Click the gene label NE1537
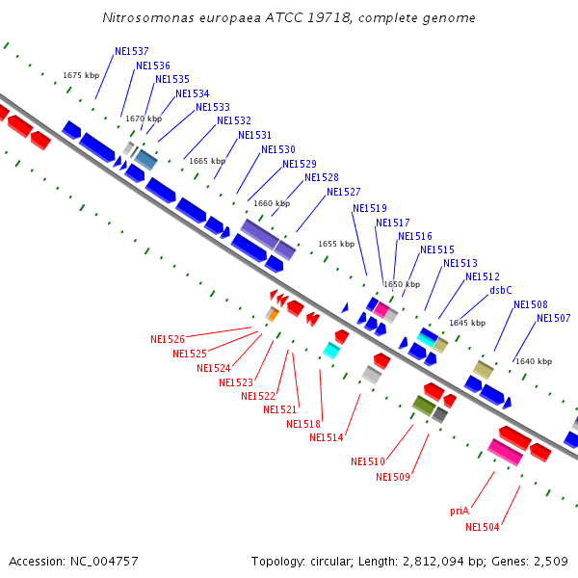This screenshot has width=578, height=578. (x=132, y=51)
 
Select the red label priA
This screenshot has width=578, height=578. (x=460, y=512)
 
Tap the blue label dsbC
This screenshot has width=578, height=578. (x=500, y=290)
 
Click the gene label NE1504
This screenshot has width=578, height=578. (x=483, y=527)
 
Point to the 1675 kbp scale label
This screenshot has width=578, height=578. (x=81, y=75)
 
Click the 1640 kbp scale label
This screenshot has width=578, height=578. (x=534, y=361)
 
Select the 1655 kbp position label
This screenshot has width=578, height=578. (x=336, y=245)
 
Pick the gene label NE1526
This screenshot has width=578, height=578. (x=168, y=339)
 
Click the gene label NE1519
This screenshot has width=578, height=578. (x=370, y=208)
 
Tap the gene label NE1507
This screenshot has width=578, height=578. (x=554, y=319)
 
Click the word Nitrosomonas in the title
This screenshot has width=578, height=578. (x=148, y=18)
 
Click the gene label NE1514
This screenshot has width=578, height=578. (x=327, y=437)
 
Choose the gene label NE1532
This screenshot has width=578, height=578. (x=234, y=120)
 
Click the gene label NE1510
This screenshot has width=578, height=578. (x=368, y=461)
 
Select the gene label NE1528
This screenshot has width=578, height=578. (x=322, y=177)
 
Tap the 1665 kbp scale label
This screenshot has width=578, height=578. (x=207, y=161)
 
